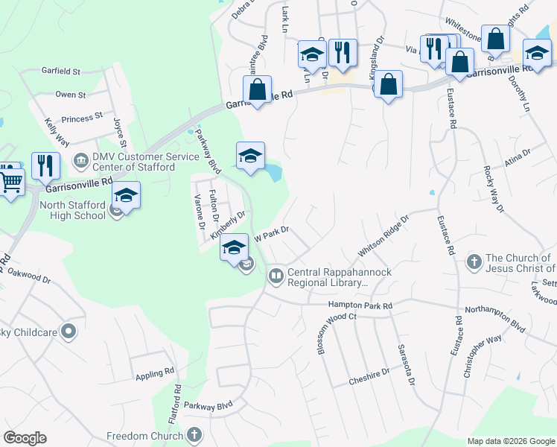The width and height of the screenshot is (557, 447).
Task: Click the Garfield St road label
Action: point(61,72)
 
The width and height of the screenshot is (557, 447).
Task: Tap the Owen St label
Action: point(71,95)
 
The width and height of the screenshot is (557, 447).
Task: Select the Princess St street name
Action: point(82,118)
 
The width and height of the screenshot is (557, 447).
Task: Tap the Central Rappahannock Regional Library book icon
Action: point(276,277)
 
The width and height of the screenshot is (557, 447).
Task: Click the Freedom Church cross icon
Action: point(194,435)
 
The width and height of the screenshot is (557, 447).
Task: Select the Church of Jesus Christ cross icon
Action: point(474,261)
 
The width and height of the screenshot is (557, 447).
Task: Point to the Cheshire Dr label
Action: point(369,377)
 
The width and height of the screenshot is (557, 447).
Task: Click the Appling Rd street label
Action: point(155,375)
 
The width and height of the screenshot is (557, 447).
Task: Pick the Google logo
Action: point(25,438)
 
